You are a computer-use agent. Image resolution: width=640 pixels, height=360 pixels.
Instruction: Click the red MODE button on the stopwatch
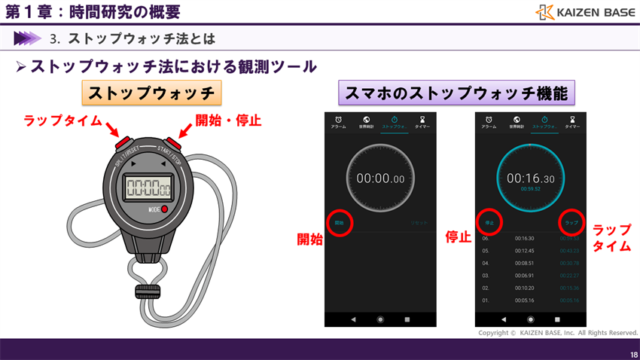164,209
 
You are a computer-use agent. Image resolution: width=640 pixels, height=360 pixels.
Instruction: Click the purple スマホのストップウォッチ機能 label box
456,93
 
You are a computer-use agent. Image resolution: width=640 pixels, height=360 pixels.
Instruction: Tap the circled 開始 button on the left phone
339,223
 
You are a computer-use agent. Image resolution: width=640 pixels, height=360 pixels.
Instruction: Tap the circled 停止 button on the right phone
489,223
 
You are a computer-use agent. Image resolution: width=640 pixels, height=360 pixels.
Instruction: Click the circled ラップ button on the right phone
571,223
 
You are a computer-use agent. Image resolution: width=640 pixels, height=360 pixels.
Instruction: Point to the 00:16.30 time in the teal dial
530,178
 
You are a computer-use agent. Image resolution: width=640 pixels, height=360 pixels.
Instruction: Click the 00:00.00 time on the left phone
380,178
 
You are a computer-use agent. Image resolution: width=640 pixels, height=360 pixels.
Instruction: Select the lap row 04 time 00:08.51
524,263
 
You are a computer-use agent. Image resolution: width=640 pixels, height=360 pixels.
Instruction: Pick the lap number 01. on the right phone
486,301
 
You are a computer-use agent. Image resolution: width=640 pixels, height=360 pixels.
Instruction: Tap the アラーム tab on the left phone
340,122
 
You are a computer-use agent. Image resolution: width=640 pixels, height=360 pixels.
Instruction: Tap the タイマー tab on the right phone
572,122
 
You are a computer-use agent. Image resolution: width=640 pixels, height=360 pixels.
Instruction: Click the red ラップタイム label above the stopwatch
62,121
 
